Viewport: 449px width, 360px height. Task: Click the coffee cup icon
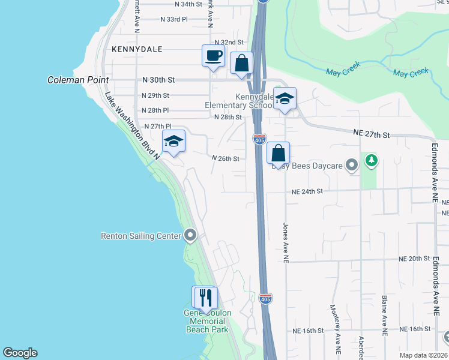click(x=213, y=56)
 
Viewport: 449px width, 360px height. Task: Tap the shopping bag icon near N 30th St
click(x=241, y=64)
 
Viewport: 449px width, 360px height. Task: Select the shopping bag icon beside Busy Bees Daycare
click(x=279, y=154)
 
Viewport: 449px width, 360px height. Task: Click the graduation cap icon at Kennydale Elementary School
click(x=285, y=99)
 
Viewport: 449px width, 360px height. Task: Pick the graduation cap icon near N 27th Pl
click(x=173, y=142)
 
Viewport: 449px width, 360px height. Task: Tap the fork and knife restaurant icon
click(x=205, y=298)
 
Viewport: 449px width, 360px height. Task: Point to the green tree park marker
click(x=372, y=160)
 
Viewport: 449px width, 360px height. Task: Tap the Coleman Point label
click(x=79, y=80)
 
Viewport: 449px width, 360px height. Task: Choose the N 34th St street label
click(x=188, y=4)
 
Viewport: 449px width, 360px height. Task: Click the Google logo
click(x=20, y=353)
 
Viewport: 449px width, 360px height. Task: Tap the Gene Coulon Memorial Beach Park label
click(x=206, y=322)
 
